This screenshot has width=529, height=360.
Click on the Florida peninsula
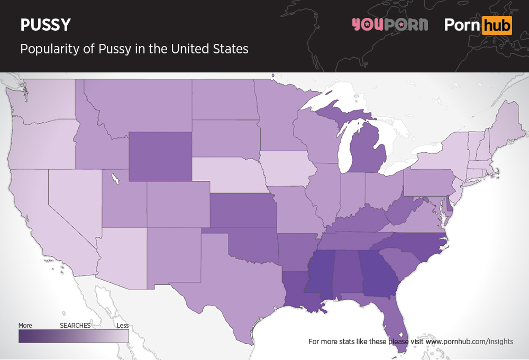397,322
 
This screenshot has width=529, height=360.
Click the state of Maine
505,122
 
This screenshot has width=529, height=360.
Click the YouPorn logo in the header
390,24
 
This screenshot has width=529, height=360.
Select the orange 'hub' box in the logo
497,25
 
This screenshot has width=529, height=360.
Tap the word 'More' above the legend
25,326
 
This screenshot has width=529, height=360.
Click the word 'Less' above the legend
123,326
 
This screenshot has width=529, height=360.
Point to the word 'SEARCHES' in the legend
75,326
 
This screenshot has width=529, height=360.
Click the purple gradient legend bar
74,336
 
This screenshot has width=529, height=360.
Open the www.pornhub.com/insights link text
469,341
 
